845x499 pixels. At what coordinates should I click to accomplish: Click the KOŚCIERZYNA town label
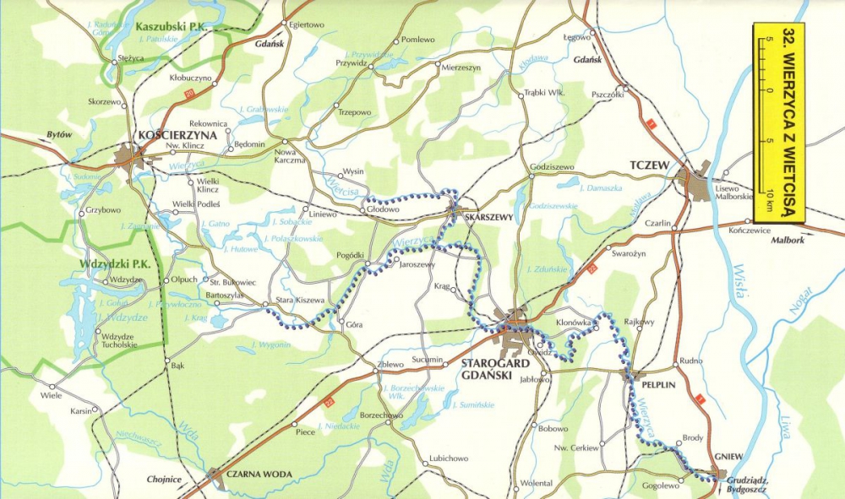click(x=180, y=135)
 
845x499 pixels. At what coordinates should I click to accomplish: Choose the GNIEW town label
click(x=728, y=457)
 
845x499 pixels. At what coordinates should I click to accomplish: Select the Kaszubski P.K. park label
click(x=170, y=26)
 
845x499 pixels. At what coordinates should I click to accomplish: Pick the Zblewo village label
click(x=391, y=365)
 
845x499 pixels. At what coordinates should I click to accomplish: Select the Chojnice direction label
click(x=164, y=480)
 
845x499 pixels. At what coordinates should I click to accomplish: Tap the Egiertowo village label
click(x=307, y=24)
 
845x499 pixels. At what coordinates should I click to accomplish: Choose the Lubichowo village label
click(x=449, y=458)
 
